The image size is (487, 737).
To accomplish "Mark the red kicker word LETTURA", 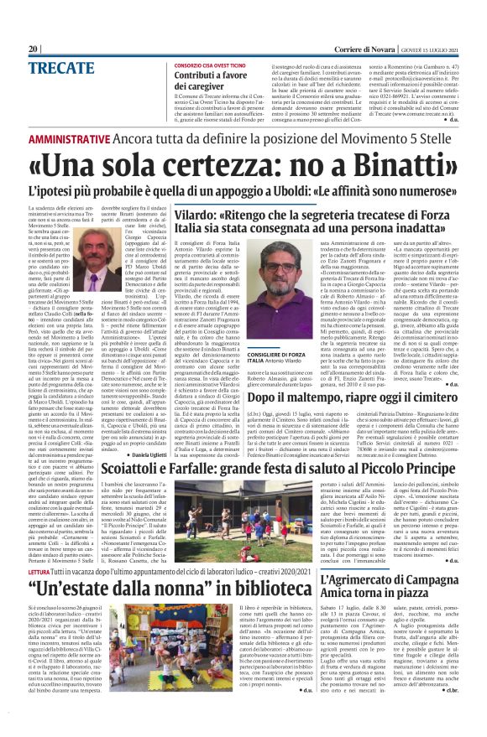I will point(16,571).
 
